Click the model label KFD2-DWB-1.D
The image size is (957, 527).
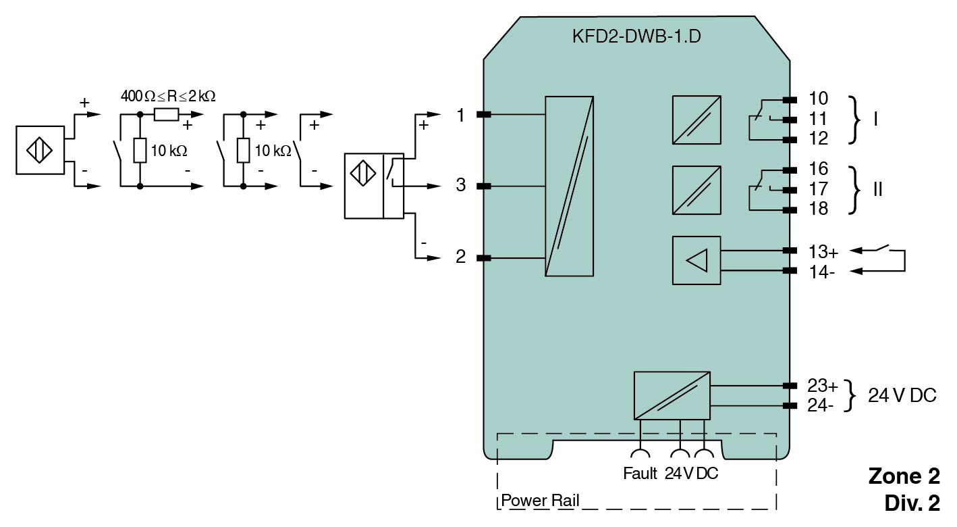tap(636, 36)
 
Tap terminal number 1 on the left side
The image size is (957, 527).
tap(460, 116)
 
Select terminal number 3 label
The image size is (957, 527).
tap(460, 185)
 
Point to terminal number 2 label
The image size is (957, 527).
tap(460, 257)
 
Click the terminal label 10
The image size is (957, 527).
tap(818, 99)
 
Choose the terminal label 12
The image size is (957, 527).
tap(818, 139)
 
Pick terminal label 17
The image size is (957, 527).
tap(818, 189)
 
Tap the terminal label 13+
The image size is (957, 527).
tap(823, 252)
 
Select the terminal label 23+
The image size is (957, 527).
tap(823, 386)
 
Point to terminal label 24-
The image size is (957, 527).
tap(821, 405)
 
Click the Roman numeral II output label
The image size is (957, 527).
tap(877, 189)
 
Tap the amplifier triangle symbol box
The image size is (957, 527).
tap(696, 259)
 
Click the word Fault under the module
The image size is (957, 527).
tap(640, 474)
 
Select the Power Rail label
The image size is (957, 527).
tap(540, 501)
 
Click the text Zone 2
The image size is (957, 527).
tap(904, 476)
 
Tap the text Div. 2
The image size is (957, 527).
tap(911, 503)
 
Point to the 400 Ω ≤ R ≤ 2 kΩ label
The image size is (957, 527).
tap(168, 96)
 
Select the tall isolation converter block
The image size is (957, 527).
tap(570, 185)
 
